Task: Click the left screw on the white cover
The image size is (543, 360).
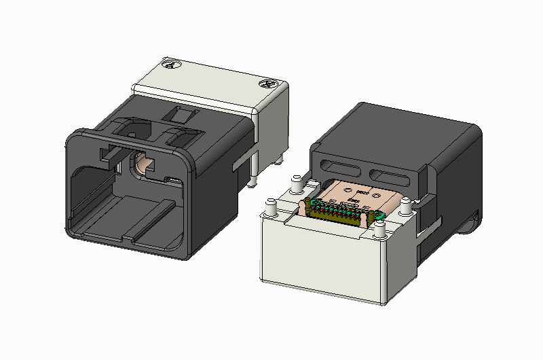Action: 172,65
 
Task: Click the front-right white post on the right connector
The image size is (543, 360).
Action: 379,230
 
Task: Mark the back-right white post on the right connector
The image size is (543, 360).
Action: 405,205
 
